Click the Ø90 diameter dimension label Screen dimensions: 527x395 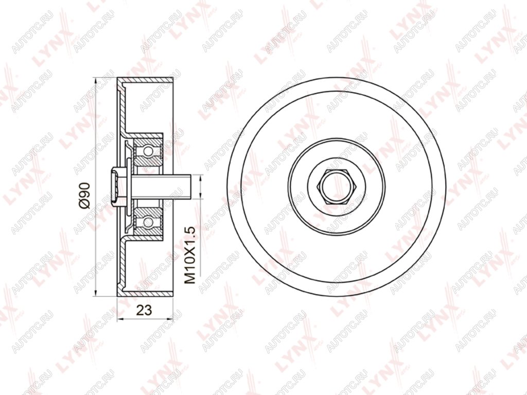85,196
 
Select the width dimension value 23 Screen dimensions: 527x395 144,310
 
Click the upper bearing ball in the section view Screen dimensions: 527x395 148,151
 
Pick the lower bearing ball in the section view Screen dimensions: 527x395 148,221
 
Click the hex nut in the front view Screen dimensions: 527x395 337,187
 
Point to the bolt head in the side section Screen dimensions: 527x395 114,187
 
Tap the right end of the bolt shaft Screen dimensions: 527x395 191,187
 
